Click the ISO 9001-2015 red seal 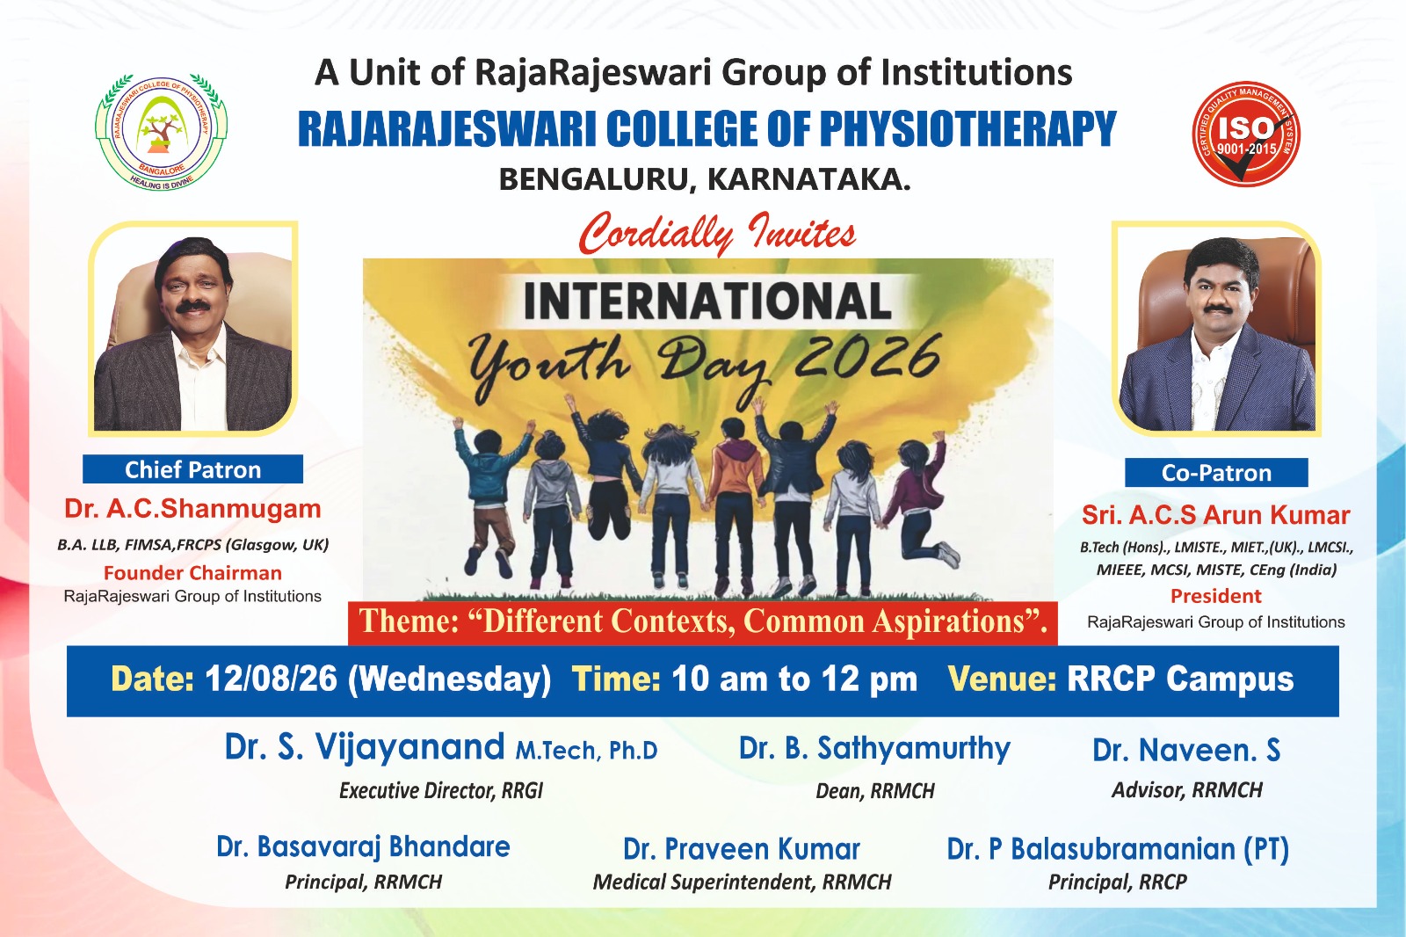pos(1246,134)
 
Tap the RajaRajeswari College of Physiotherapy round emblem pos(162,131)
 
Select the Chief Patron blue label pos(192,469)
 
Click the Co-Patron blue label pos(1216,472)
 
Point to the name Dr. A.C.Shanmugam pos(192,509)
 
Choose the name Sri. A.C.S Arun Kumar pos(1216,515)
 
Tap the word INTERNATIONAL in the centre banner pos(707,301)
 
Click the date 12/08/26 pos(272,679)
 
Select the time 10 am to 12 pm pos(794,679)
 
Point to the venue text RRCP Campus pos(1180,679)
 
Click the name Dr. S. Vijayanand pos(365,747)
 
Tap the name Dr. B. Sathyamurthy pos(874,749)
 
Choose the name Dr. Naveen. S pos(1186,750)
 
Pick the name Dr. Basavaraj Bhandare pos(364,847)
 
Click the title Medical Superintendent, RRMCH pos(742,882)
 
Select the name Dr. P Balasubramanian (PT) pos(1118,849)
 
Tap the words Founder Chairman pos(192,573)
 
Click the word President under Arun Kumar pos(1216,595)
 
